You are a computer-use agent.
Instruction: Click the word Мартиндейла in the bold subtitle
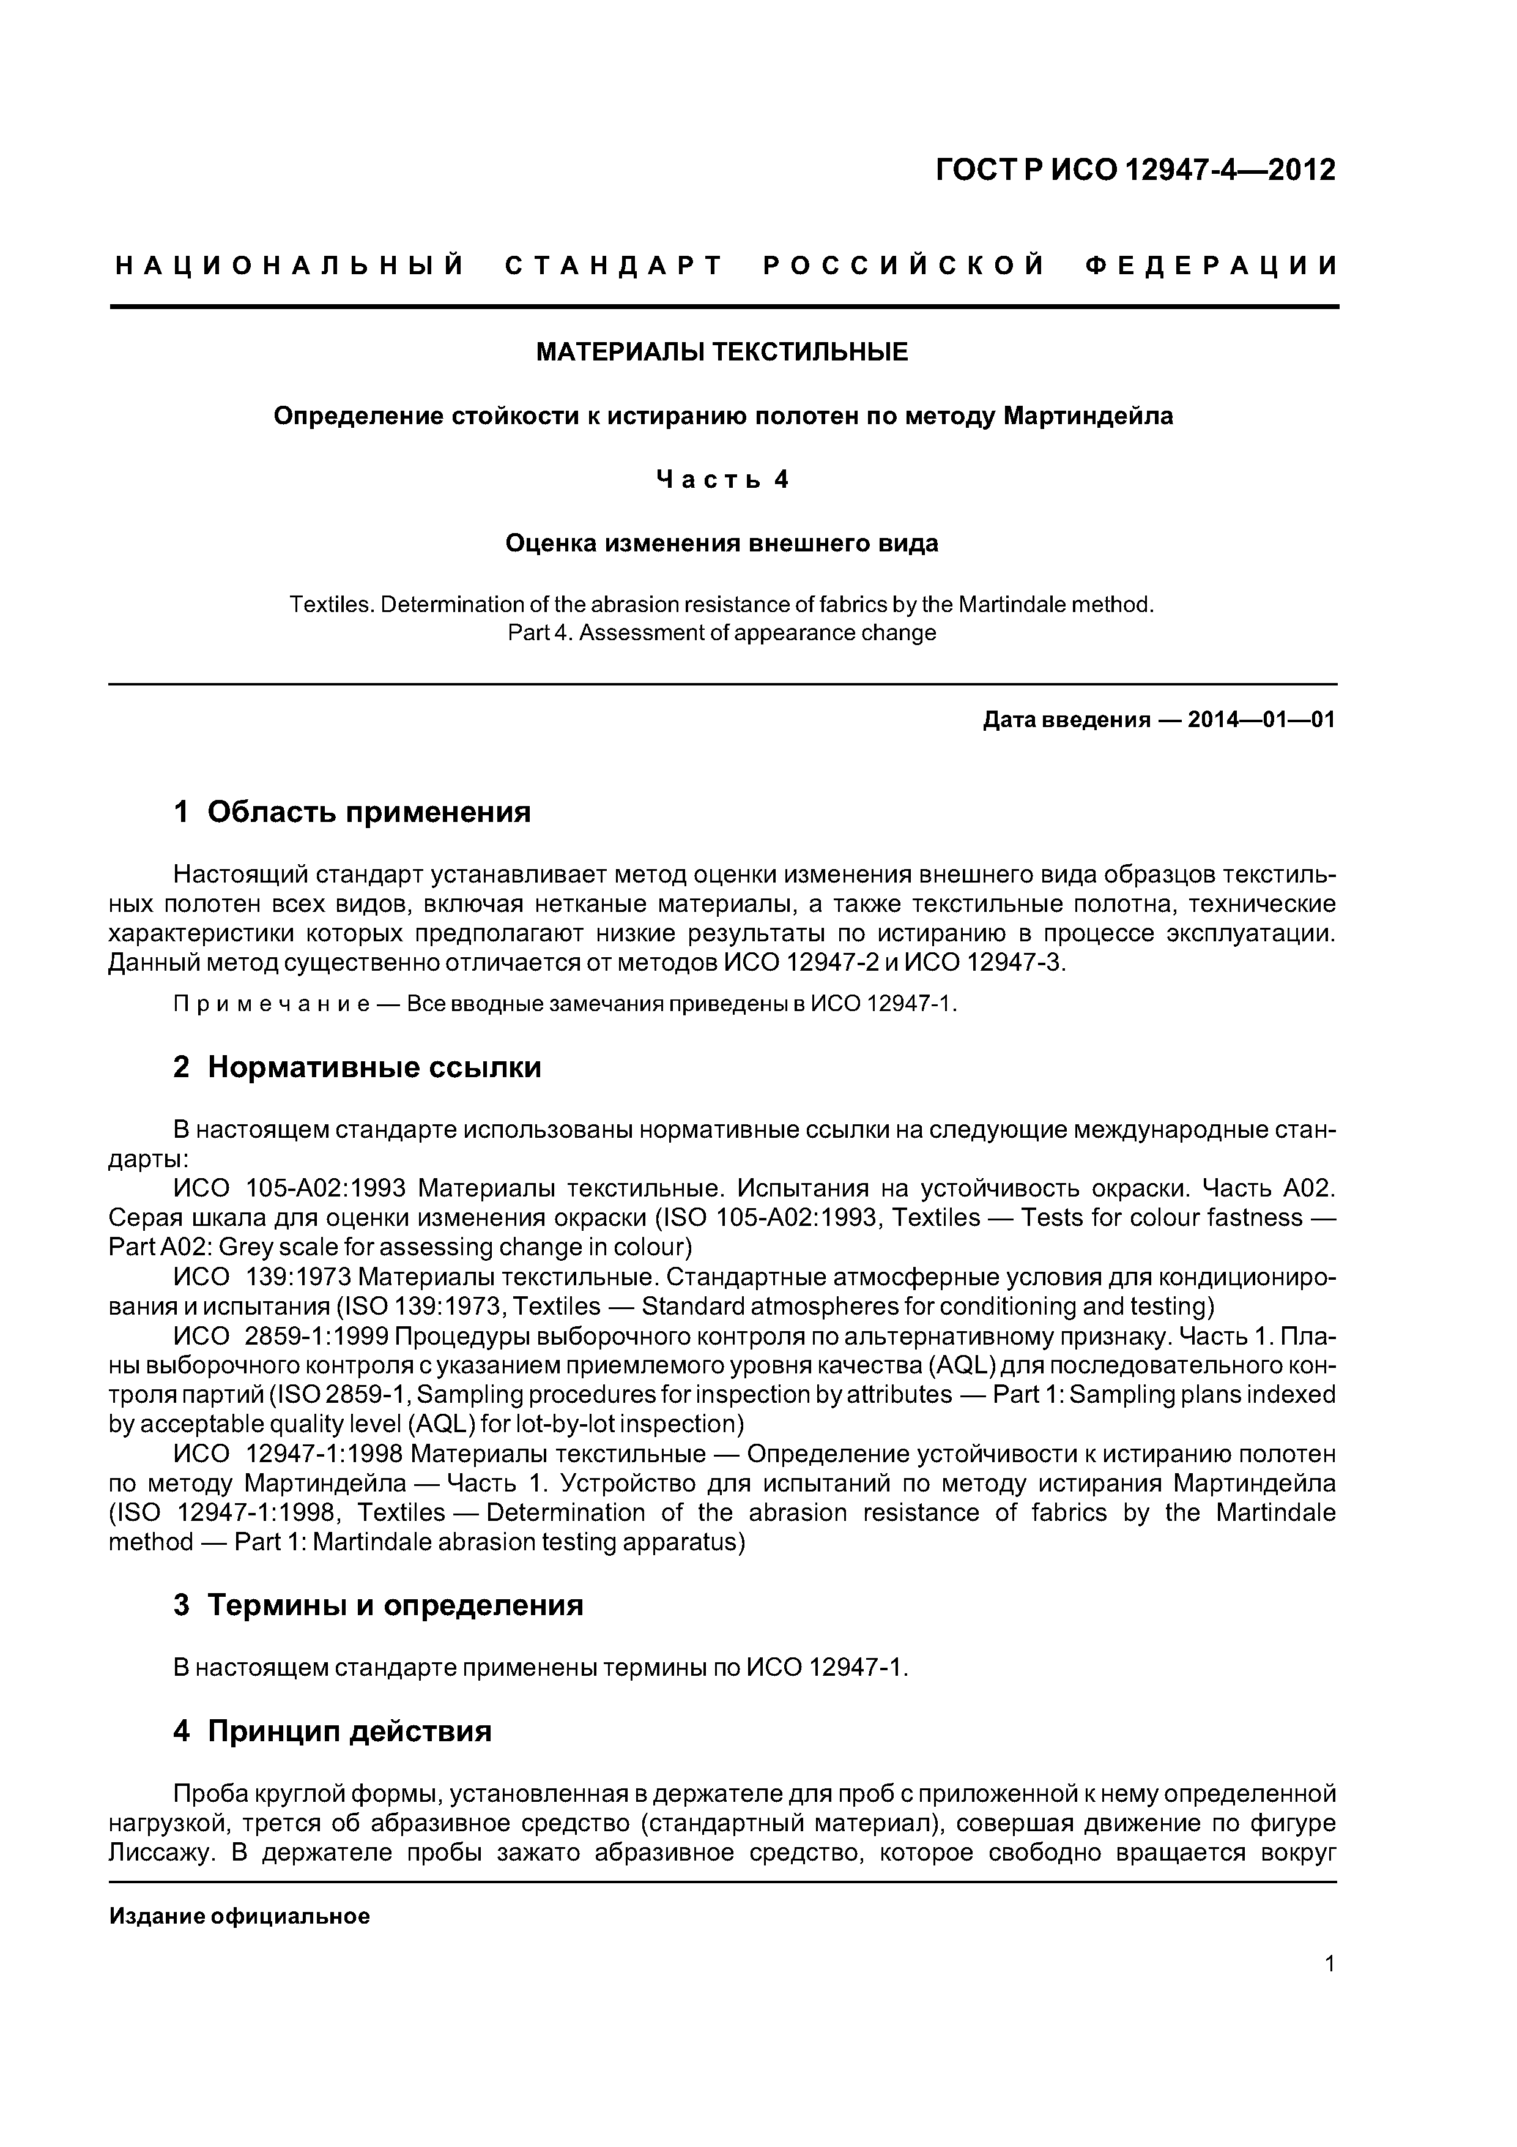tap(1088, 416)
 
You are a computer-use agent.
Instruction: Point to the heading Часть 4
tap(722, 480)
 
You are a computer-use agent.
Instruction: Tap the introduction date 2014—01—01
tap(1261, 719)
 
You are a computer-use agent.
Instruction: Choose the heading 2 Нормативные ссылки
tap(357, 1067)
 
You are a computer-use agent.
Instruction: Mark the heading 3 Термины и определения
tap(379, 1605)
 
